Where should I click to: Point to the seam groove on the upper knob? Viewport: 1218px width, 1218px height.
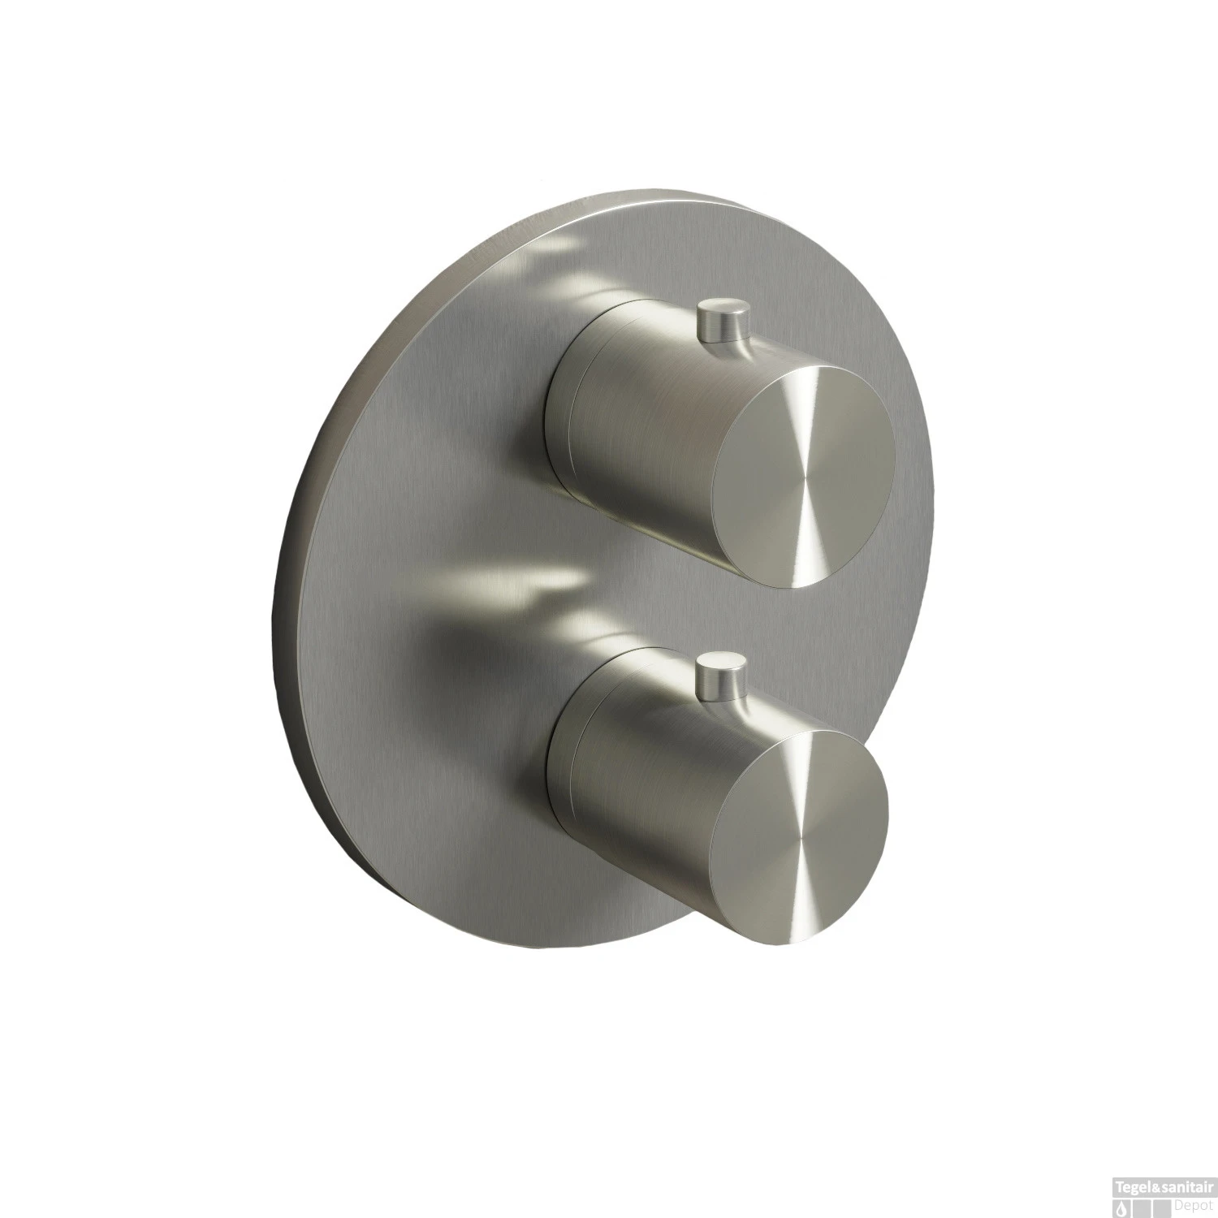point(575,406)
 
